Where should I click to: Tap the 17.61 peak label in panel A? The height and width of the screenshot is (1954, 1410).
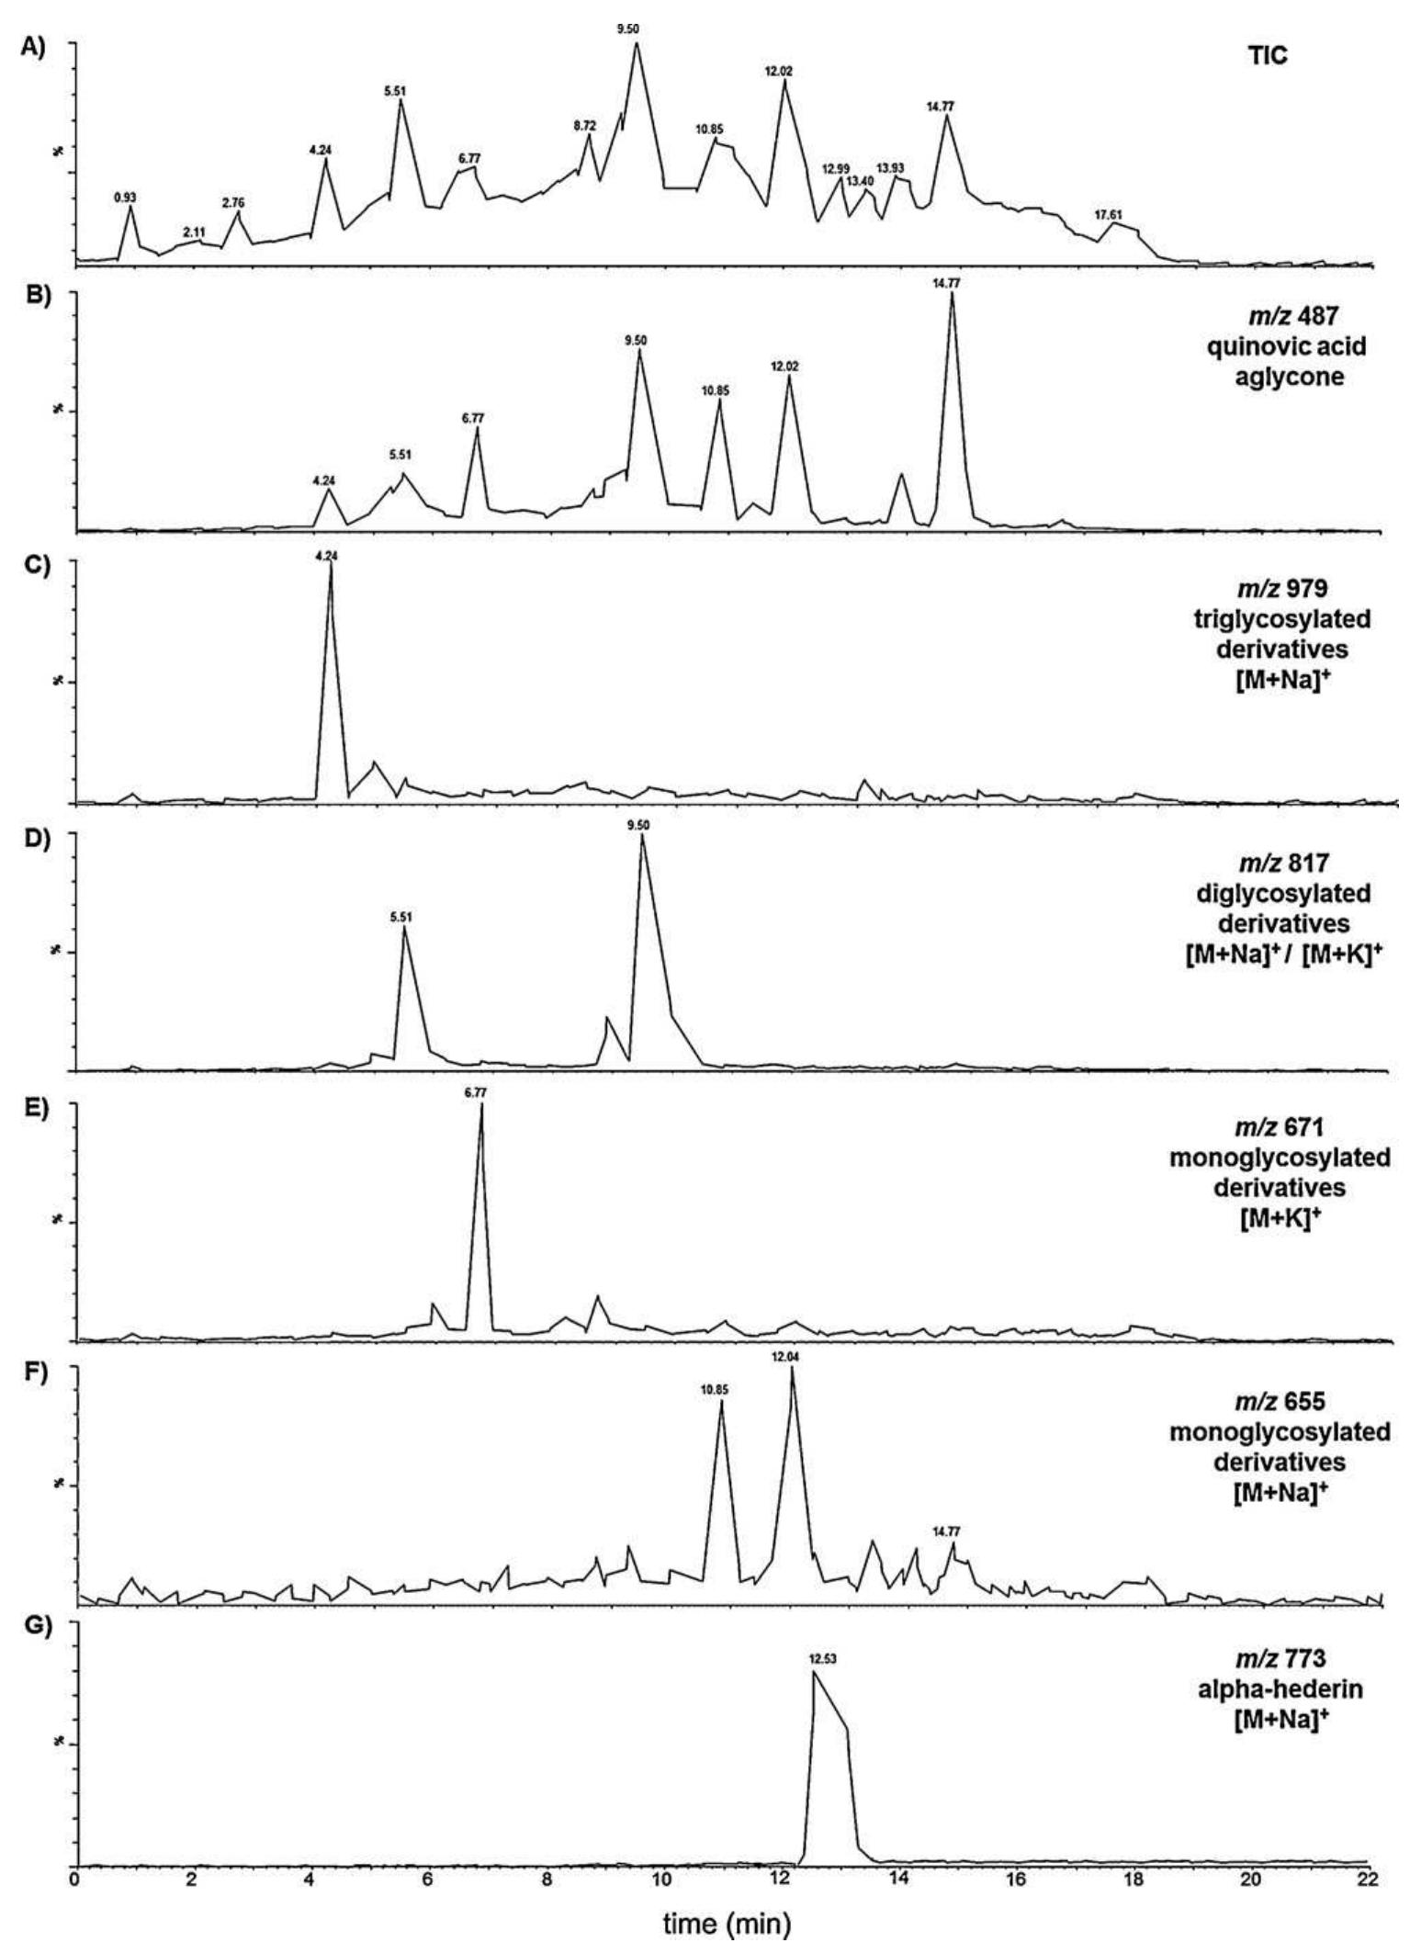1109,215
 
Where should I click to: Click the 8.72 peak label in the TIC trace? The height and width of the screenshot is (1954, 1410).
584,125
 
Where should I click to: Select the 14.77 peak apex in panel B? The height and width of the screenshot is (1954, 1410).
952,295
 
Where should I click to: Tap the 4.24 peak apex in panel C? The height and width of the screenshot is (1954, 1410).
330,565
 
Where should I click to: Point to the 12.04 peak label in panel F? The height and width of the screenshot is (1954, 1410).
791,1357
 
